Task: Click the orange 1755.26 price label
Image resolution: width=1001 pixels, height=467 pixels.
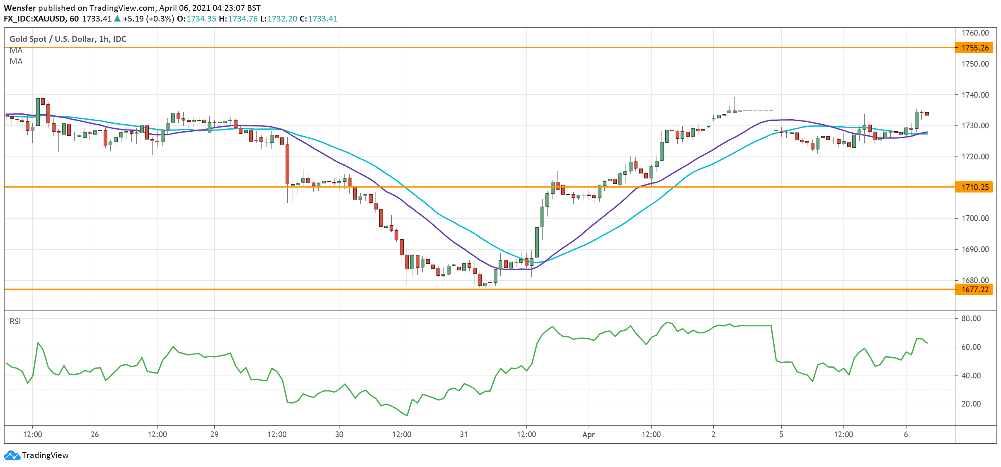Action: [x=974, y=48]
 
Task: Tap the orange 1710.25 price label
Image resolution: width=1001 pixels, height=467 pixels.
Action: [x=974, y=187]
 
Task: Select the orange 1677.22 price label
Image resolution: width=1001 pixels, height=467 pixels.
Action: [x=974, y=289]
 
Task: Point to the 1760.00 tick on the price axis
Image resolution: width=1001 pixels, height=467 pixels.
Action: [x=975, y=33]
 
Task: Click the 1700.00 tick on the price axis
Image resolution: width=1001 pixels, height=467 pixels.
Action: [x=975, y=218]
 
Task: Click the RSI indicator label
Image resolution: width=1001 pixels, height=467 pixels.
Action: [x=15, y=321]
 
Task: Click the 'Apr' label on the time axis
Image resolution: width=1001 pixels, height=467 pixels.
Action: [x=588, y=434]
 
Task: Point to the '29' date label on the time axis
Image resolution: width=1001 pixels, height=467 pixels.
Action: [x=214, y=434]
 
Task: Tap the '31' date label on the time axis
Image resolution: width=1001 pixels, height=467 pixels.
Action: [x=463, y=434]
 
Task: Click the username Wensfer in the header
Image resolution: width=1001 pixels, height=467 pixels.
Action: [x=19, y=8]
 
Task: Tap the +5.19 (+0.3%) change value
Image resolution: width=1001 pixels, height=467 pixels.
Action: [x=148, y=19]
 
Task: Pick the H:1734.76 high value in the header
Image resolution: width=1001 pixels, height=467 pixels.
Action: [x=238, y=19]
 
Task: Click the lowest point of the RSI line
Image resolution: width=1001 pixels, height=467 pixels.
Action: [x=407, y=415]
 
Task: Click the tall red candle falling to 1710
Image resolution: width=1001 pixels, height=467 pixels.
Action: [x=287, y=164]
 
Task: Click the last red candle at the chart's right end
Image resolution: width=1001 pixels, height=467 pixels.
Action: [x=927, y=114]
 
